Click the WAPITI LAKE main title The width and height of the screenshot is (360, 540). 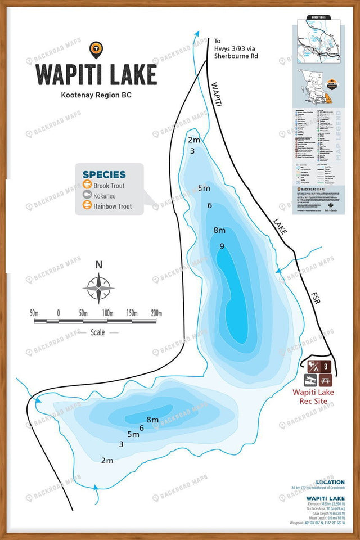tap(96, 74)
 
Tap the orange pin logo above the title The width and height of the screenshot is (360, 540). tap(96, 49)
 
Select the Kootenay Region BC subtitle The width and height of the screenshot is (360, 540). tap(96, 95)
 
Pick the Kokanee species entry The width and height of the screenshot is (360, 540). tap(105, 195)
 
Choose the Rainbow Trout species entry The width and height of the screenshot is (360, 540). tap(112, 206)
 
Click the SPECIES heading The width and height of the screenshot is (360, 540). tap(104, 174)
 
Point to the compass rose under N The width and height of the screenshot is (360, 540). tap(99, 288)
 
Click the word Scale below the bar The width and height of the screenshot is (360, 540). tap(98, 332)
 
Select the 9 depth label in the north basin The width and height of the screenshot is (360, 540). tap(222, 246)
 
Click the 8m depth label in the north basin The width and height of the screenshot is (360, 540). tap(219, 230)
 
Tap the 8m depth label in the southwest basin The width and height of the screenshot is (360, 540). tap(152, 420)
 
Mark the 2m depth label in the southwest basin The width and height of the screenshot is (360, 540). tap(107, 461)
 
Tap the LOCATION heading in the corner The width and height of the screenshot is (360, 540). tap(331, 482)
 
